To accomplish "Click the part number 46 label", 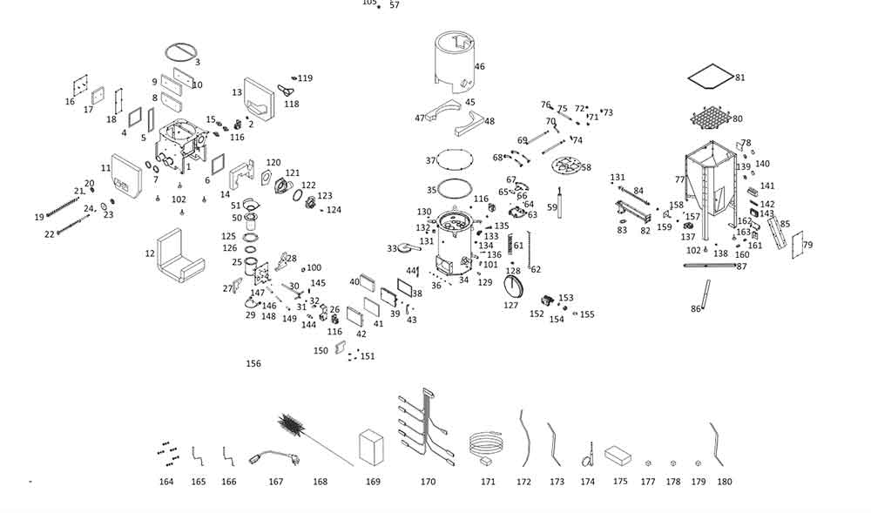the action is click(479, 66).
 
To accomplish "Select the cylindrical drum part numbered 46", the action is click(455, 62).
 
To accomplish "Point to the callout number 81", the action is click(739, 78).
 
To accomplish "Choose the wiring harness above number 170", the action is click(427, 427).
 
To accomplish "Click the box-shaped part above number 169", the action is click(372, 448).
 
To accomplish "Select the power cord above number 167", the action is click(273, 457).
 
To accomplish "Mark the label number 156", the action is click(253, 364).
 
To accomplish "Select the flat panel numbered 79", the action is click(797, 245).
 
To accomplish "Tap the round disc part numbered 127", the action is click(515, 286).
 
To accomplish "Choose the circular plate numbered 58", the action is click(566, 165).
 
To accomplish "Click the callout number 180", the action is click(725, 482).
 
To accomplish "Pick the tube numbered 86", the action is click(706, 294).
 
